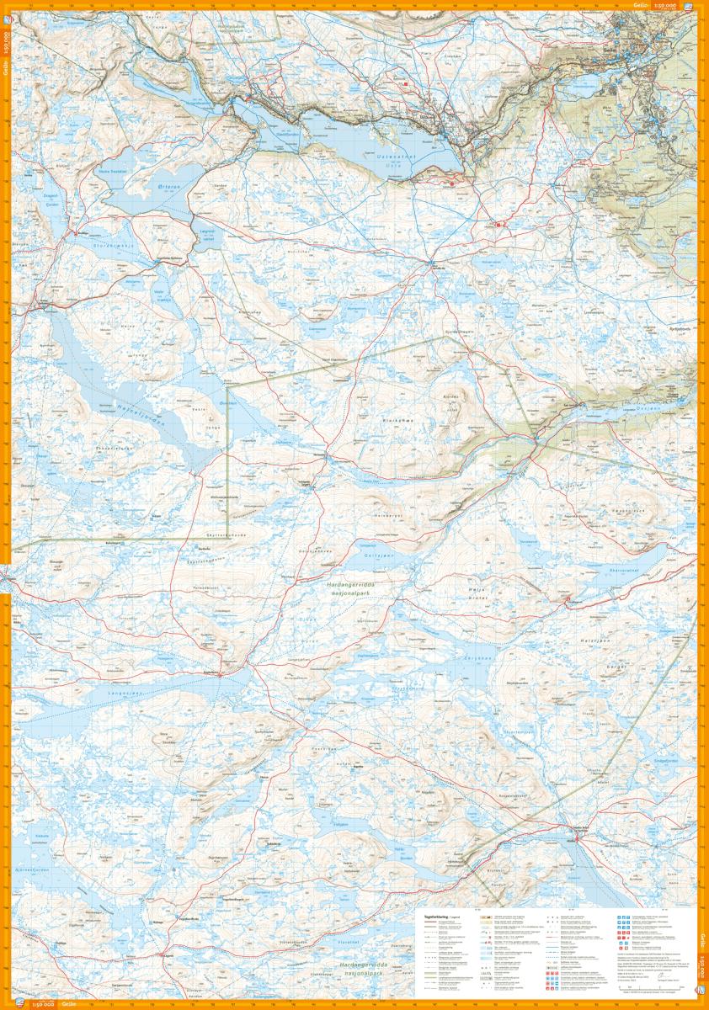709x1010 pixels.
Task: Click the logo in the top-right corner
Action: click(x=690, y=7)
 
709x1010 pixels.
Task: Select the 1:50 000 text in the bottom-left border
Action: click(x=43, y=1004)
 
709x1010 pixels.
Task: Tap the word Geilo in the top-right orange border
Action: click(x=641, y=6)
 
